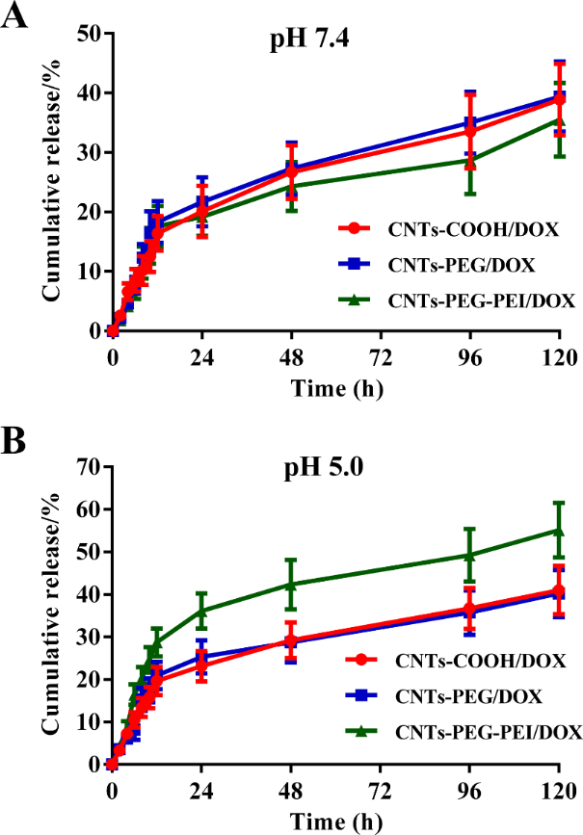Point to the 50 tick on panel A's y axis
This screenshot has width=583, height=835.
click(x=90, y=34)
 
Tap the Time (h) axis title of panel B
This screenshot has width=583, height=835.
click(x=334, y=821)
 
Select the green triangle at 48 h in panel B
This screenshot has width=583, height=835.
click(x=291, y=584)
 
